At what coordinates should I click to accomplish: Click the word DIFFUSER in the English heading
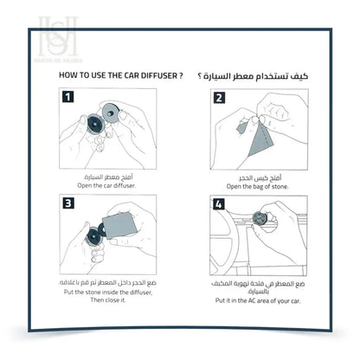[152, 76]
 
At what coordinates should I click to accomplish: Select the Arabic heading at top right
[262, 76]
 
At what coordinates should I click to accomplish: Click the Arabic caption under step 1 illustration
[112, 176]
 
